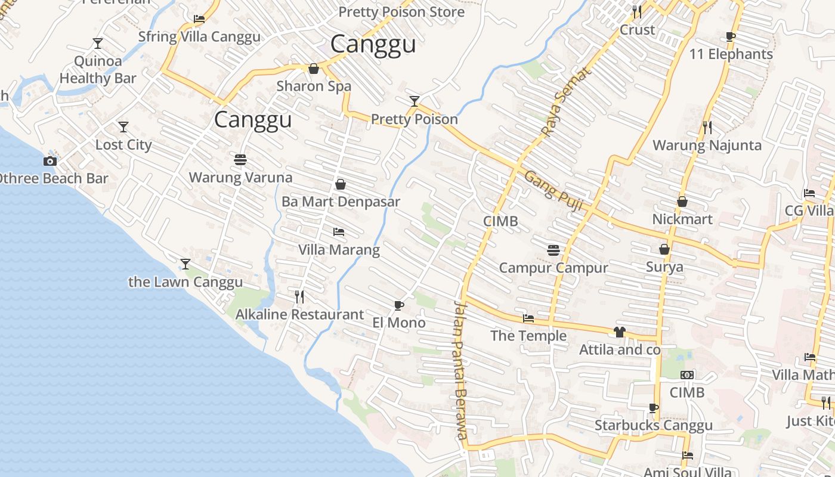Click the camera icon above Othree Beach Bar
(x=50, y=161)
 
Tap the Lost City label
(x=123, y=145)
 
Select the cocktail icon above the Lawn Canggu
(x=185, y=264)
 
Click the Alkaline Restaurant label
(x=299, y=314)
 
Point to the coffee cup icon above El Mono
(x=399, y=306)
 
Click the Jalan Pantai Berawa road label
(x=459, y=370)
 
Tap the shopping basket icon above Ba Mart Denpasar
(x=341, y=184)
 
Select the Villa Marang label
(x=339, y=250)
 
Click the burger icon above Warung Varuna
(x=240, y=160)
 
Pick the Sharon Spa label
(x=314, y=86)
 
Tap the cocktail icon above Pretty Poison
(x=415, y=101)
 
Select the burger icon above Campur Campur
(x=553, y=250)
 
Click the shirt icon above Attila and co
(x=620, y=332)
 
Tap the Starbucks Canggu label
(x=653, y=425)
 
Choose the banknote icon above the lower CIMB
(x=687, y=375)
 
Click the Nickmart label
(x=682, y=219)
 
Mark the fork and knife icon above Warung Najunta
(x=707, y=127)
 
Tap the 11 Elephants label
(x=731, y=54)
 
